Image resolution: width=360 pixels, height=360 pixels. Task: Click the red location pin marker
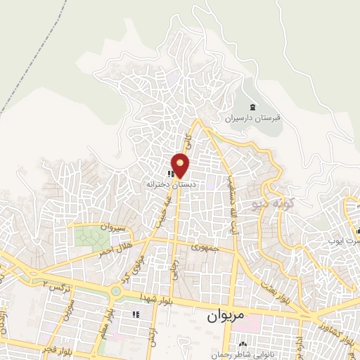tap(181, 165)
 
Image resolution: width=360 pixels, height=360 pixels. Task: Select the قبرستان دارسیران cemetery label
tap(252, 118)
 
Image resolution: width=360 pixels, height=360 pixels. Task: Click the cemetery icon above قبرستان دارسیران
tap(252, 107)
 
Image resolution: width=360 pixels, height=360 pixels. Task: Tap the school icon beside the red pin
tap(169, 173)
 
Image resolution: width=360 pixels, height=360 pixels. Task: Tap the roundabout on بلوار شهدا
tap(115, 290)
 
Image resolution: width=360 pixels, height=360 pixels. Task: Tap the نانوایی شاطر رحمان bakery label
tap(242, 354)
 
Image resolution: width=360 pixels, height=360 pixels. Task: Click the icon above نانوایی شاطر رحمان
tap(242, 344)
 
